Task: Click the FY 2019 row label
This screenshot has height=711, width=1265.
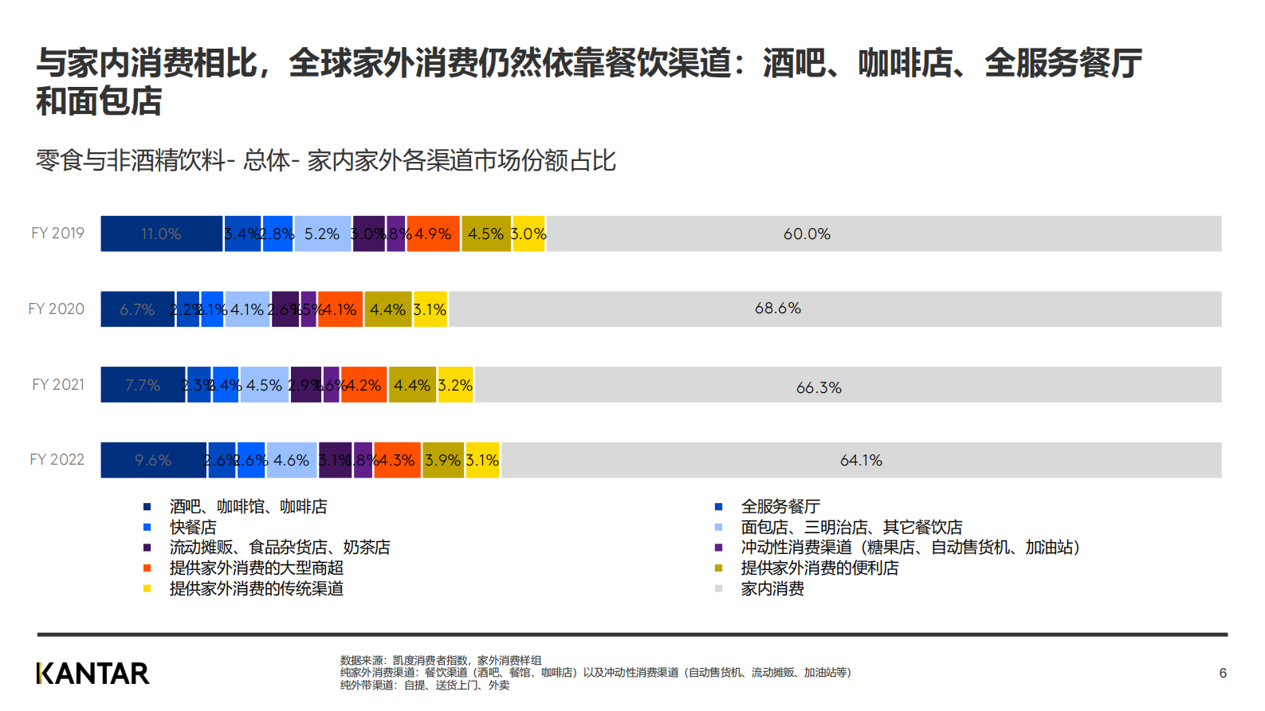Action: [x=57, y=234]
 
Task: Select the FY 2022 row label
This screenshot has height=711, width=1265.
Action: [x=57, y=460]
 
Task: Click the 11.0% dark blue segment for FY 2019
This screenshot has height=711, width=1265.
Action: [x=161, y=234]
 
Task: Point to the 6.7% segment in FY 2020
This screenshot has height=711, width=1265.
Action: [x=137, y=309]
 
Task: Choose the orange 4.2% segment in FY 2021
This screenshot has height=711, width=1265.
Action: [x=364, y=385]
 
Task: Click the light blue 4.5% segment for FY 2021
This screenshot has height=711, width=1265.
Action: [x=265, y=385]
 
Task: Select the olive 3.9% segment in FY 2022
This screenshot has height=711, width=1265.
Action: [x=443, y=461]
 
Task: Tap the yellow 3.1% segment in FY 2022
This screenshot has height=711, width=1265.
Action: [x=483, y=461]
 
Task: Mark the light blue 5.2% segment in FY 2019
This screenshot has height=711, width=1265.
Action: [x=322, y=234]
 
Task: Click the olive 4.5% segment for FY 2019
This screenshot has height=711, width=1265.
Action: [x=486, y=234]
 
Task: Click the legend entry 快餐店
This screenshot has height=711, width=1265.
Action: [x=193, y=527]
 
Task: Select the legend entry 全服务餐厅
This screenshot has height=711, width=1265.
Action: [x=780, y=506]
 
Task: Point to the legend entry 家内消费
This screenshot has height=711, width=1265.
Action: [x=772, y=589]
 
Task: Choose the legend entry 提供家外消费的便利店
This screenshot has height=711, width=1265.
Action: [x=819, y=568]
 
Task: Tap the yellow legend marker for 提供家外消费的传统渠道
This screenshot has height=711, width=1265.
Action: [x=147, y=589]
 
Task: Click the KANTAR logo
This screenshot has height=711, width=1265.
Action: [x=92, y=674]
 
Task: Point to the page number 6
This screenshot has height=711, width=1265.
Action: [x=1223, y=674]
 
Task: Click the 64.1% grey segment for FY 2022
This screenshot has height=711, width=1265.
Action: [x=861, y=461]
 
